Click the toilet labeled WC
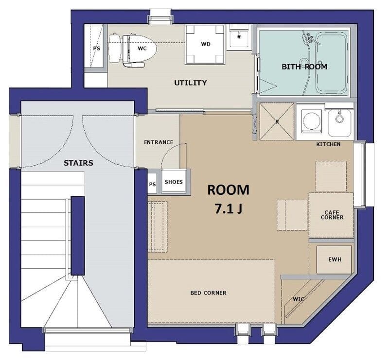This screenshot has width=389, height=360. click(x=133, y=49)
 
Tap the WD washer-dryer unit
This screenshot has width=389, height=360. click(x=205, y=44)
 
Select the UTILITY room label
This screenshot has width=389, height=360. click(x=190, y=83)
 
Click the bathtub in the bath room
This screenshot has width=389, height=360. click(x=331, y=63)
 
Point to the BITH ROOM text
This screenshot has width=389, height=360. click(x=304, y=67)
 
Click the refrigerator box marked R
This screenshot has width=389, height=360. click(x=277, y=121)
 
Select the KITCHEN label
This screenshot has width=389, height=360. click(x=328, y=144)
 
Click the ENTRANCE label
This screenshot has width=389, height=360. click(x=159, y=142)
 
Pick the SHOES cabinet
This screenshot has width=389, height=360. click(x=174, y=182)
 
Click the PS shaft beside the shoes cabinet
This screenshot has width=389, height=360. click(x=152, y=184)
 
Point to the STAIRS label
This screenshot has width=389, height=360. click(x=78, y=163)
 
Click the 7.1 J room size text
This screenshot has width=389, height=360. click(x=229, y=209)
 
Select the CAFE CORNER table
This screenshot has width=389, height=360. click(x=331, y=215)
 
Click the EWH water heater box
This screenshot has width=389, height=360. click(x=335, y=259)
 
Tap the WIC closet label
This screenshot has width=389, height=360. click(x=299, y=299)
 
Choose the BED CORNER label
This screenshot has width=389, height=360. click(x=209, y=293)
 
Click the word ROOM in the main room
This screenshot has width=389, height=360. click(x=228, y=190)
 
